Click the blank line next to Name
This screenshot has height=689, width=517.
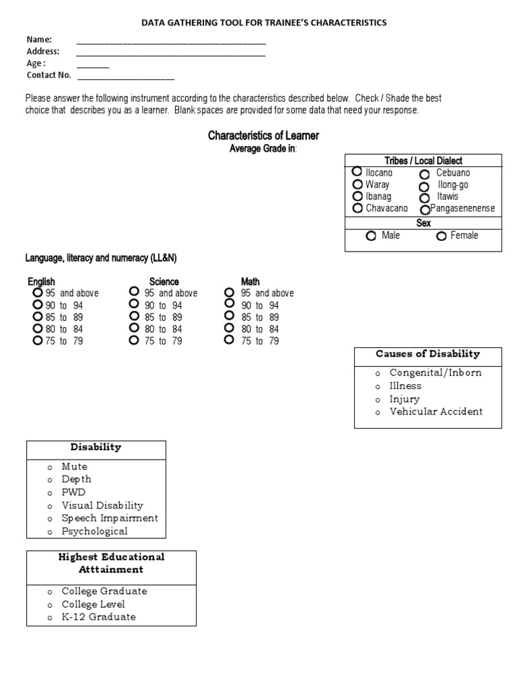pyautogui.click(x=171, y=42)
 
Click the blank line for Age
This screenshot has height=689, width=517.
pyautogui.click(x=93, y=66)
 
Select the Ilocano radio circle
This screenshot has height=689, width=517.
pyautogui.click(x=357, y=172)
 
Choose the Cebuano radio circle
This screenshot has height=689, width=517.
pyautogui.click(x=424, y=174)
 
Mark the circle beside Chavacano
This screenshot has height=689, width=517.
pyautogui.click(x=357, y=209)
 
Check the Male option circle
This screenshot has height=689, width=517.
pyautogui.click(x=371, y=236)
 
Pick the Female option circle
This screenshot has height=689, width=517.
pyautogui.click(x=442, y=236)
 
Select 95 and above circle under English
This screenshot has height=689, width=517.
pyautogui.click(x=37, y=293)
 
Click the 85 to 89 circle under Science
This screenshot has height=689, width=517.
pyautogui.click(x=135, y=316)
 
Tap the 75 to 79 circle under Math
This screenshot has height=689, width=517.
pyautogui.click(x=230, y=340)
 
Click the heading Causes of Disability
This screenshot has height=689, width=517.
pyautogui.click(x=427, y=354)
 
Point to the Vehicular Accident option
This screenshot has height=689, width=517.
pyautogui.click(x=436, y=412)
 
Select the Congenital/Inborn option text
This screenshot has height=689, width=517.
pyautogui.click(x=436, y=373)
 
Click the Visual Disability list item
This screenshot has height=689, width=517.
pyautogui.click(x=102, y=505)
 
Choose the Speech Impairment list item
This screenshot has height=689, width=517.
pyautogui.click(x=110, y=518)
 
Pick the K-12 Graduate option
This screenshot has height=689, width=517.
pyautogui.click(x=98, y=617)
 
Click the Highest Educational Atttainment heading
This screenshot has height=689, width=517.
pyautogui.click(x=111, y=563)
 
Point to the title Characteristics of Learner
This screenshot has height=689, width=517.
pyautogui.click(x=263, y=136)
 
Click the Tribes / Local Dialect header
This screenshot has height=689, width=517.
pyautogui.click(x=423, y=161)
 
